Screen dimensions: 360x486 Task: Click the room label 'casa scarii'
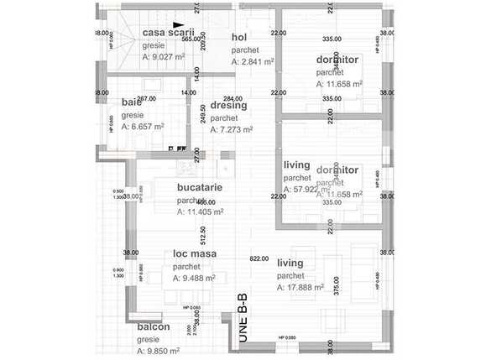[x=169, y=32]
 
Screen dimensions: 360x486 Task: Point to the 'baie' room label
[x=132, y=102]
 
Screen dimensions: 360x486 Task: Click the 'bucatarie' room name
[x=199, y=188]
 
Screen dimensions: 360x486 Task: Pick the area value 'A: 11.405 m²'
[x=201, y=212]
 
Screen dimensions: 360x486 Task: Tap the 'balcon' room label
[x=154, y=326]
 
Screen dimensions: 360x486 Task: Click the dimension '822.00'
[x=259, y=258]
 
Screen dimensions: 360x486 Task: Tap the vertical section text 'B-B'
[x=242, y=304]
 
